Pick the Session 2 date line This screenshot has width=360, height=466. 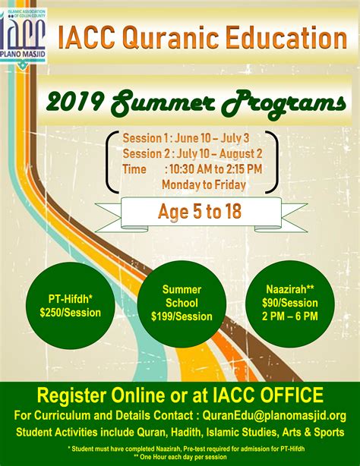[193, 154]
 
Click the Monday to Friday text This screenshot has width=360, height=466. [205, 184]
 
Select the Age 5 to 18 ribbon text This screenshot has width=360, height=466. [200, 211]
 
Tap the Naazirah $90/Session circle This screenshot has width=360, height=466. [292, 303]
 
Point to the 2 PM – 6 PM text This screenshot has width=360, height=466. [292, 316]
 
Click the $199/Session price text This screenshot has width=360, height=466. [182, 316]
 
